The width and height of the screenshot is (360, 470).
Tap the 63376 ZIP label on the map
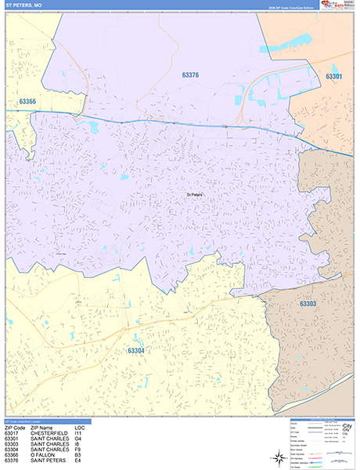click(x=190, y=75)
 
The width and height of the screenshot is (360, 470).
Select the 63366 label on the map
click(x=27, y=102)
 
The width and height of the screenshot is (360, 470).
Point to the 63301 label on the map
click(x=333, y=76)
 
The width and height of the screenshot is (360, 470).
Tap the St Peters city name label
click(x=195, y=195)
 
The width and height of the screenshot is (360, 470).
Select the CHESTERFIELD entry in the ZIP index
click(x=50, y=433)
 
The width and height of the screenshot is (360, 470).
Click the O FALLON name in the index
click(x=43, y=454)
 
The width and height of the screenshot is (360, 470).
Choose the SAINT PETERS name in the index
click(x=49, y=460)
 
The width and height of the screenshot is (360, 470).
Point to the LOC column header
click(x=79, y=428)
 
